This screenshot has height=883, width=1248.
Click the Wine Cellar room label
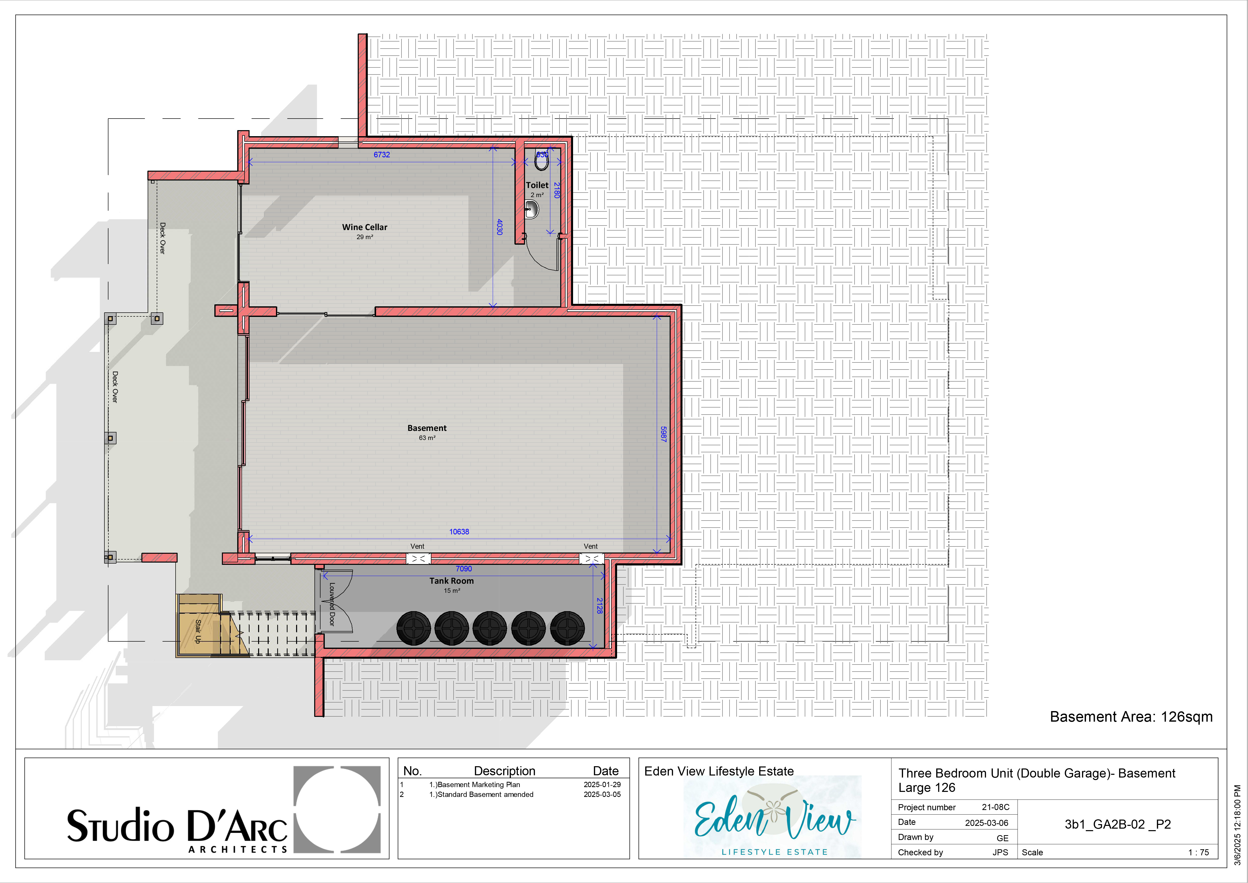click(365, 227)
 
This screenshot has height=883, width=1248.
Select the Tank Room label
click(452, 581)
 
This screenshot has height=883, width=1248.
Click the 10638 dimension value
click(459, 532)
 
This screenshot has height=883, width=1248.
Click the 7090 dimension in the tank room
click(464, 569)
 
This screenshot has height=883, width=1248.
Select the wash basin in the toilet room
click(532, 209)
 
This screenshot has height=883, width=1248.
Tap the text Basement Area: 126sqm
click(1131, 717)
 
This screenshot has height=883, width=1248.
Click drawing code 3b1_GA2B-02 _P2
click(1117, 824)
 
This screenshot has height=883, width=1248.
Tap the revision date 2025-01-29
click(602, 785)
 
